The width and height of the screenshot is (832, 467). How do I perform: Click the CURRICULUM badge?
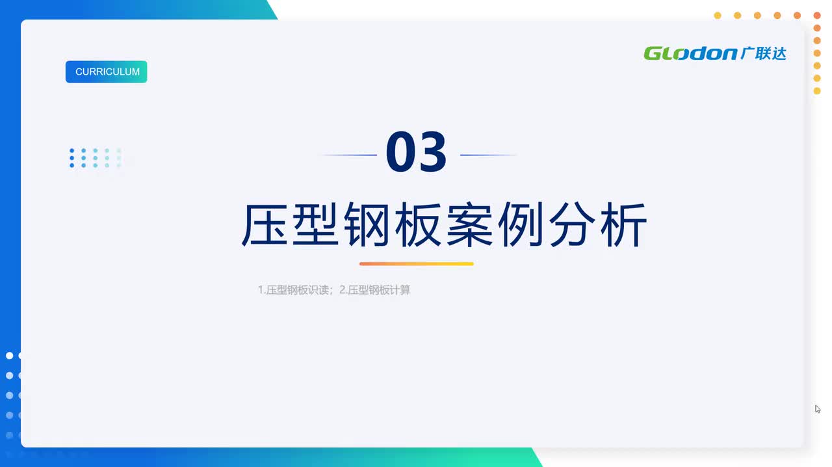click(x=106, y=72)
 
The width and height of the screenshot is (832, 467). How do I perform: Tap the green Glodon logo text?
click(x=690, y=53)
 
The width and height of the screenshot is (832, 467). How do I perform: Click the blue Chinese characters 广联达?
click(x=763, y=53)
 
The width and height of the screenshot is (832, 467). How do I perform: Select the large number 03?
click(x=416, y=152)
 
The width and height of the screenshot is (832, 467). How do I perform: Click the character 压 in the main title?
click(x=265, y=224)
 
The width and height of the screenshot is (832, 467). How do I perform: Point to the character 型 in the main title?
click(x=316, y=224)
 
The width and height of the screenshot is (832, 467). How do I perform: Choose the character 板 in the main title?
click(x=418, y=224)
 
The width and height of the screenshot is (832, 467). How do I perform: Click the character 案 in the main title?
click(x=469, y=224)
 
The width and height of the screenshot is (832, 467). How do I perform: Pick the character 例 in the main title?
click(x=521, y=224)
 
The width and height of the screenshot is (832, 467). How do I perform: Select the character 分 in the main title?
click(x=572, y=224)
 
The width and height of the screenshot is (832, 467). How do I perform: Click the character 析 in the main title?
click(x=624, y=224)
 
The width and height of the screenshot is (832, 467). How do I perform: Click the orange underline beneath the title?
click(x=417, y=263)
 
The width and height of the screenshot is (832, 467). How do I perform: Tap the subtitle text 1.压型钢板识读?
click(x=293, y=289)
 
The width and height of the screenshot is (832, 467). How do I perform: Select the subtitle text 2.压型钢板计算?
click(x=375, y=289)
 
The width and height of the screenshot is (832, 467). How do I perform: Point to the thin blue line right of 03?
click(x=488, y=155)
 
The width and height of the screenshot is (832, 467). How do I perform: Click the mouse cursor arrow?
click(x=818, y=409)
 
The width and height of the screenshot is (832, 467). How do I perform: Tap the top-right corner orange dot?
click(x=817, y=15)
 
